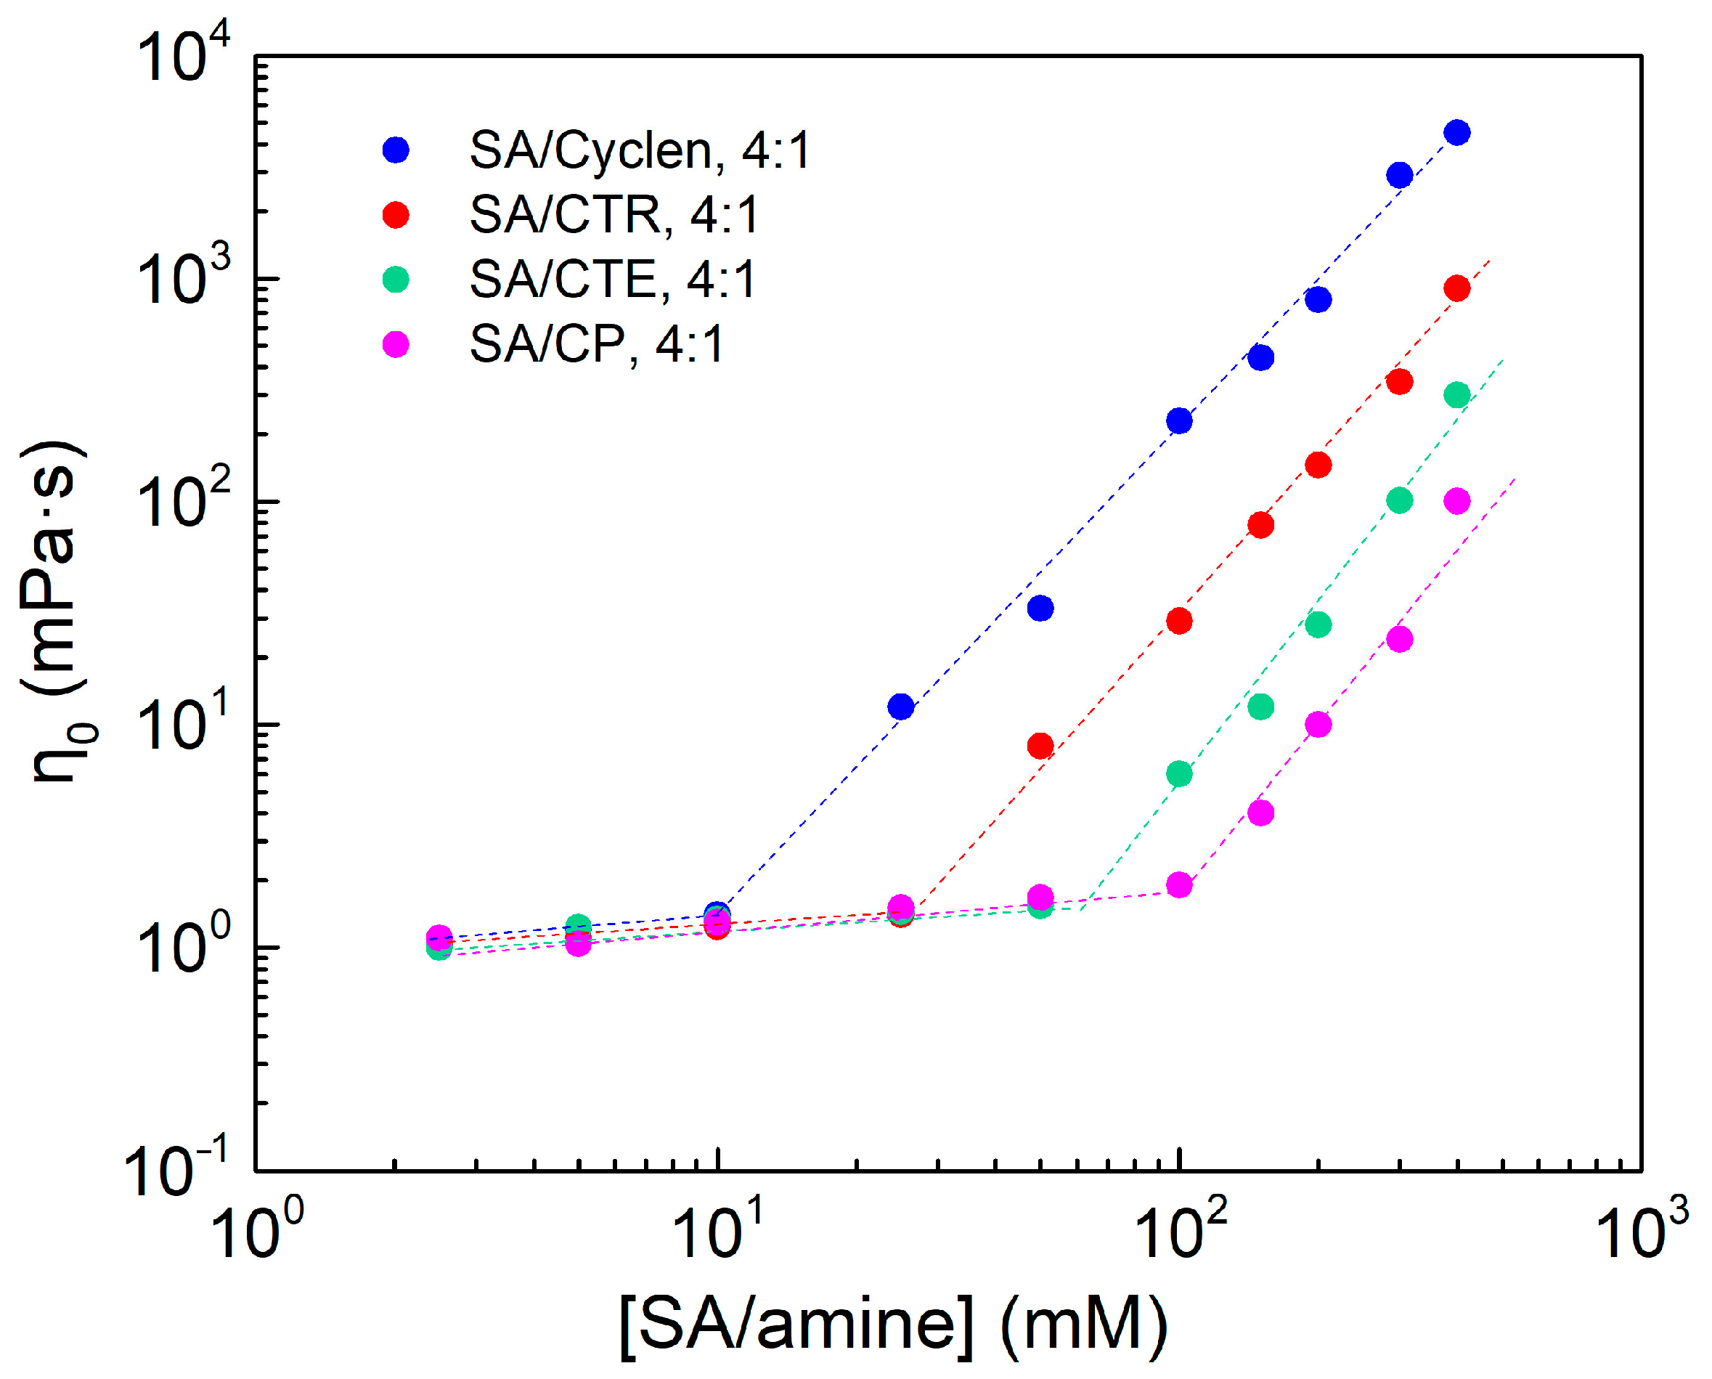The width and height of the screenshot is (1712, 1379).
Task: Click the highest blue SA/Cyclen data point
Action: (x=1456, y=133)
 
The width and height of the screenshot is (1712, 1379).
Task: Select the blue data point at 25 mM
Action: (x=900, y=706)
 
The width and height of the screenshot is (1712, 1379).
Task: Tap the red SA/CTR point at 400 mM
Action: (x=1456, y=288)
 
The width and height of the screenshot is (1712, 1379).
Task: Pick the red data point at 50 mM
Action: (x=1040, y=746)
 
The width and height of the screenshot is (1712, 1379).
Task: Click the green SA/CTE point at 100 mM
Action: (x=1179, y=773)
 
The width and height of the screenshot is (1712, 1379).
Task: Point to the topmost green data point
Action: (x=1456, y=395)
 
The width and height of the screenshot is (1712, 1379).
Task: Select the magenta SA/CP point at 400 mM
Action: (x=1456, y=501)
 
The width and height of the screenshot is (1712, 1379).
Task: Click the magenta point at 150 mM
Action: (x=1261, y=813)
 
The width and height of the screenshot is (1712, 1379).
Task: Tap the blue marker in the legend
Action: (x=396, y=150)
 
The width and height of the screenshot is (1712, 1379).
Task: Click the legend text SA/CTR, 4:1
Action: (x=614, y=214)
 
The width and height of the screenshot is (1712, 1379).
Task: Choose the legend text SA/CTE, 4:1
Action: (x=612, y=280)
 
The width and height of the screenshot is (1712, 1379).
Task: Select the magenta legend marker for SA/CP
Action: (x=396, y=345)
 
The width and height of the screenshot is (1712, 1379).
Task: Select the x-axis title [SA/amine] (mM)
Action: (x=893, y=1323)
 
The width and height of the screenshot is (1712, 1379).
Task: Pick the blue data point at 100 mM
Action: (x=1179, y=420)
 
